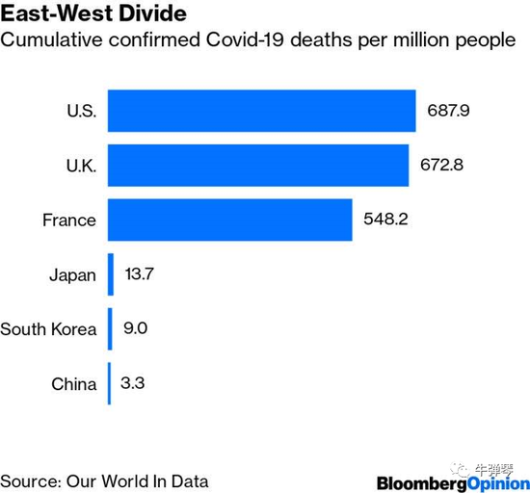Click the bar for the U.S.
pyautogui.click(x=261, y=111)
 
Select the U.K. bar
pyautogui.click(x=257, y=165)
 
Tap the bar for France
pyautogui.click(x=229, y=220)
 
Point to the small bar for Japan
pyautogui.click(x=111, y=274)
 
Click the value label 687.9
pyautogui.click(x=448, y=111)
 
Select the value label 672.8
pyautogui.click(x=441, y=165)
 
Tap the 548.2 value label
pyautogui.click(x=385, y=220)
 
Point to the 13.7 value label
pyautogui.click(x=140, y=274)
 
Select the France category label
pyautogui.click(x=69, y=220)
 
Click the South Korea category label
pyautogui.click(x=48, y=329)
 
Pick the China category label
pyautogui.click(x=74, y=384)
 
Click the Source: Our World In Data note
pyautogui.click(x=104, y=480)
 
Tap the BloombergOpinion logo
pyautogui.click(x=451, y=481)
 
